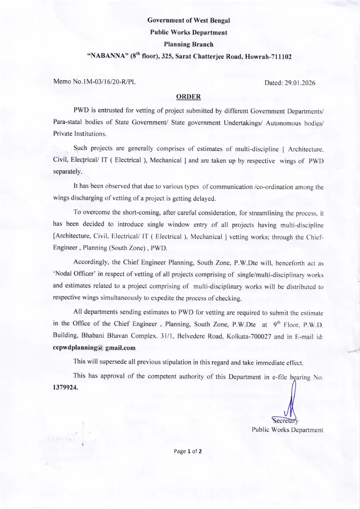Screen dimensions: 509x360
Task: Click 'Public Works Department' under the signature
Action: tap(287, 429)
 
